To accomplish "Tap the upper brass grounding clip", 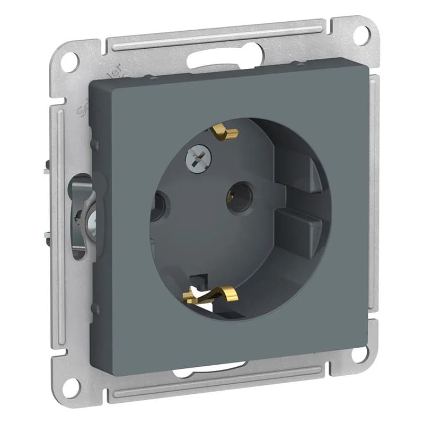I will point(225,132).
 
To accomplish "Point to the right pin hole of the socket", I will point(240,197).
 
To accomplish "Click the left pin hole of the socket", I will point(157,206).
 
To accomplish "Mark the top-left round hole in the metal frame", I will point(69,63).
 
